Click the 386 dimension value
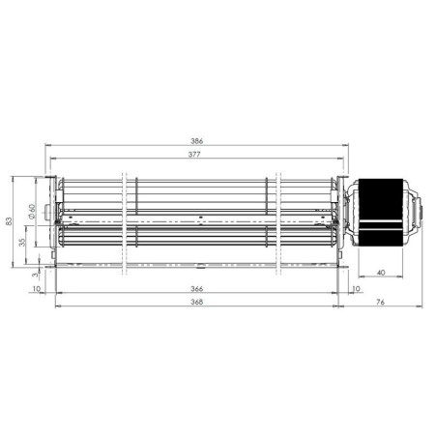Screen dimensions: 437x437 [196, 141]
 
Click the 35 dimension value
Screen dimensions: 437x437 [23, 243]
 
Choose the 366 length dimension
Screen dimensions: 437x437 [196, 289]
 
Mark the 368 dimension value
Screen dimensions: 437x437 [196, 302]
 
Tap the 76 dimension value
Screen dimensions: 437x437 [380, 302]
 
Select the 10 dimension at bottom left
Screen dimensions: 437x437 [36, 289]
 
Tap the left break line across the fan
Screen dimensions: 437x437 [125, 222]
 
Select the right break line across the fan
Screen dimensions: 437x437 [278, 222]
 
